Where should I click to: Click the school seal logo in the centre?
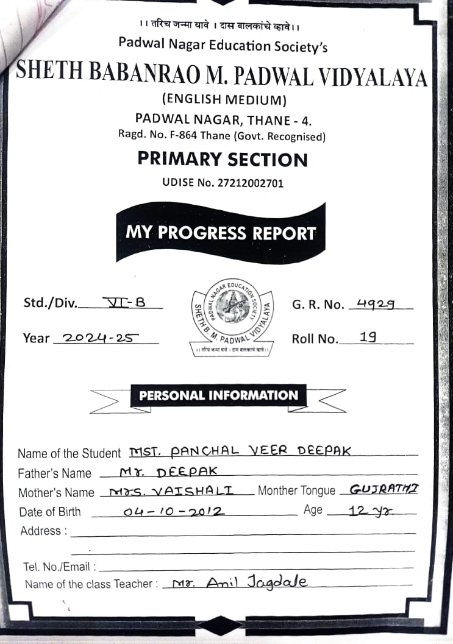tap(232, 314)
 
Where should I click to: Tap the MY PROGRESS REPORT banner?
tap(221, 233)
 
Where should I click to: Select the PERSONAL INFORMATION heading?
tap(218, 395)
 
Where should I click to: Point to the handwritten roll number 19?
tap(368, 336)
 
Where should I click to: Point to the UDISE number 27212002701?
tap(223, 182)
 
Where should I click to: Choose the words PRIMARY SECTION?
tap(223, 159)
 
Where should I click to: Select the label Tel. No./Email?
tap(56, 567)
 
